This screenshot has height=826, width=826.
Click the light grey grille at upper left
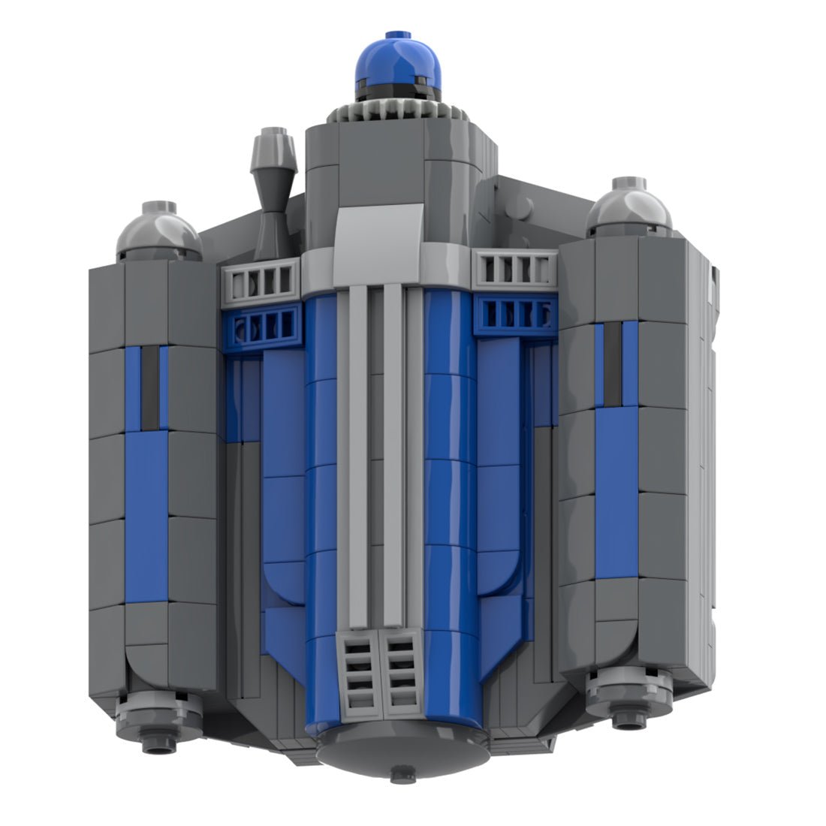(262, 280)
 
